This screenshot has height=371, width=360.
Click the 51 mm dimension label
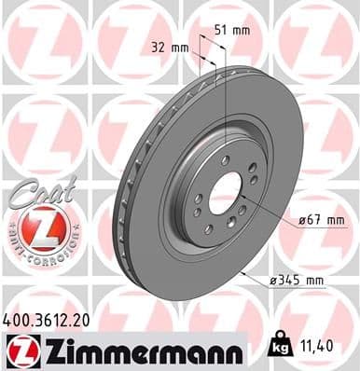(x=238, y=31)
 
